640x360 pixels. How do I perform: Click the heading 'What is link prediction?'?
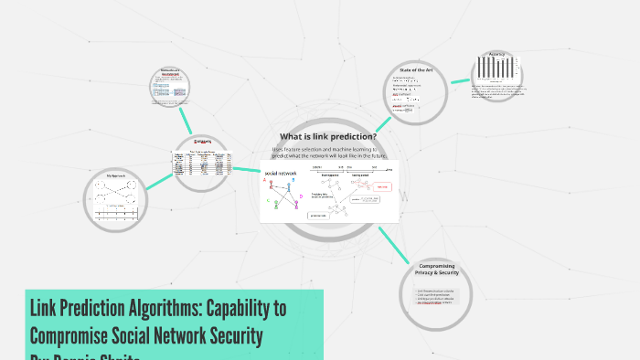point(327,137)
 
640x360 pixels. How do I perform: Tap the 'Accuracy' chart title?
point(496,54)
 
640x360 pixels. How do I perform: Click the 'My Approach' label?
point(117,174)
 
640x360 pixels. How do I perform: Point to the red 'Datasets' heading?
point(202,142)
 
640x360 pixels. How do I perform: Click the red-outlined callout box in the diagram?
point(382,186)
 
